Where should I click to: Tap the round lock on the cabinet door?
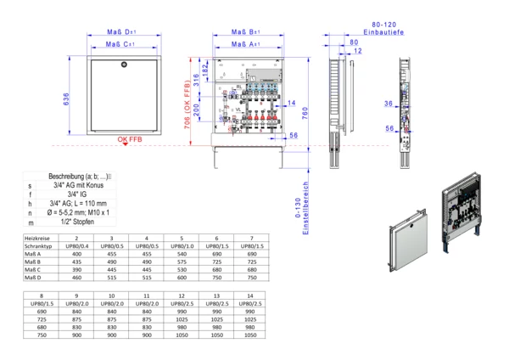[123, 65]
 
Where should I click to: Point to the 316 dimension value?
[197, 82]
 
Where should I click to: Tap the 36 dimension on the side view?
[389, 103]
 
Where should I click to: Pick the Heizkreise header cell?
[38, 238]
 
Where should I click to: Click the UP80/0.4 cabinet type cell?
[76, 246]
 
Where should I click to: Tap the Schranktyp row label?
[38, 246]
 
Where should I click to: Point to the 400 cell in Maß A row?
[76, 254]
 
